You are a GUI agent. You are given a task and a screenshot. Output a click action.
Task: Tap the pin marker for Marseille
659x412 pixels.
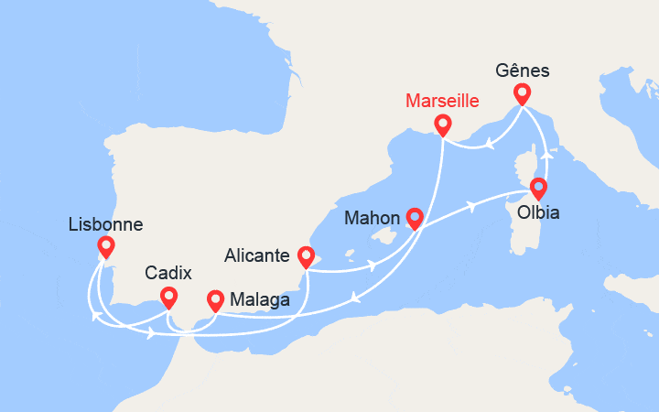(x=443, y=125)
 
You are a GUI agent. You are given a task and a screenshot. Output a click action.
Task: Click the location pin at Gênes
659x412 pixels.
(x=522, y=93)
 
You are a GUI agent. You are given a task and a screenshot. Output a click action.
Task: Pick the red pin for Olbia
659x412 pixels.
(x=538, y=189)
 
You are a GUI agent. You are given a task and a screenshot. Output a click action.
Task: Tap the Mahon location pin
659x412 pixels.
(x=415, y=218)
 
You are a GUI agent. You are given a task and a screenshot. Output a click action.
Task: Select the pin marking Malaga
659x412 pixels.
(x=216, y=298)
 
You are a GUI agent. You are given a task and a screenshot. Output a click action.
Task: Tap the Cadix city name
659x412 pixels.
(x=169, y=273)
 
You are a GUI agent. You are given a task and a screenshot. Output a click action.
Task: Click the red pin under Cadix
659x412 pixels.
(x=168, y=297)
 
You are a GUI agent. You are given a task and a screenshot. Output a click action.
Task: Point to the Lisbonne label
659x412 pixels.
(x=105, y=222)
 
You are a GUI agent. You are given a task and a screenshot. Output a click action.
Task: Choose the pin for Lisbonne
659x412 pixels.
(x=105, y=246)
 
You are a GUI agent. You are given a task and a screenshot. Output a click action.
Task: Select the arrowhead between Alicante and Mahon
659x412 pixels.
(x=373, y=266)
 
